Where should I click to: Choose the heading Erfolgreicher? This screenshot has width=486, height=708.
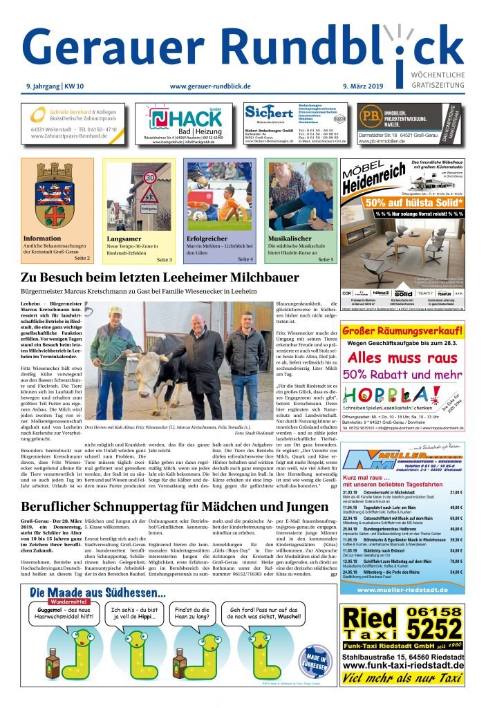coord(207,239)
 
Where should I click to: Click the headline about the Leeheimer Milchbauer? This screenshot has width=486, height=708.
coord(160,278)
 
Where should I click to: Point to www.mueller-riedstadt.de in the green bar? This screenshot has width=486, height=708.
coord(402,589)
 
